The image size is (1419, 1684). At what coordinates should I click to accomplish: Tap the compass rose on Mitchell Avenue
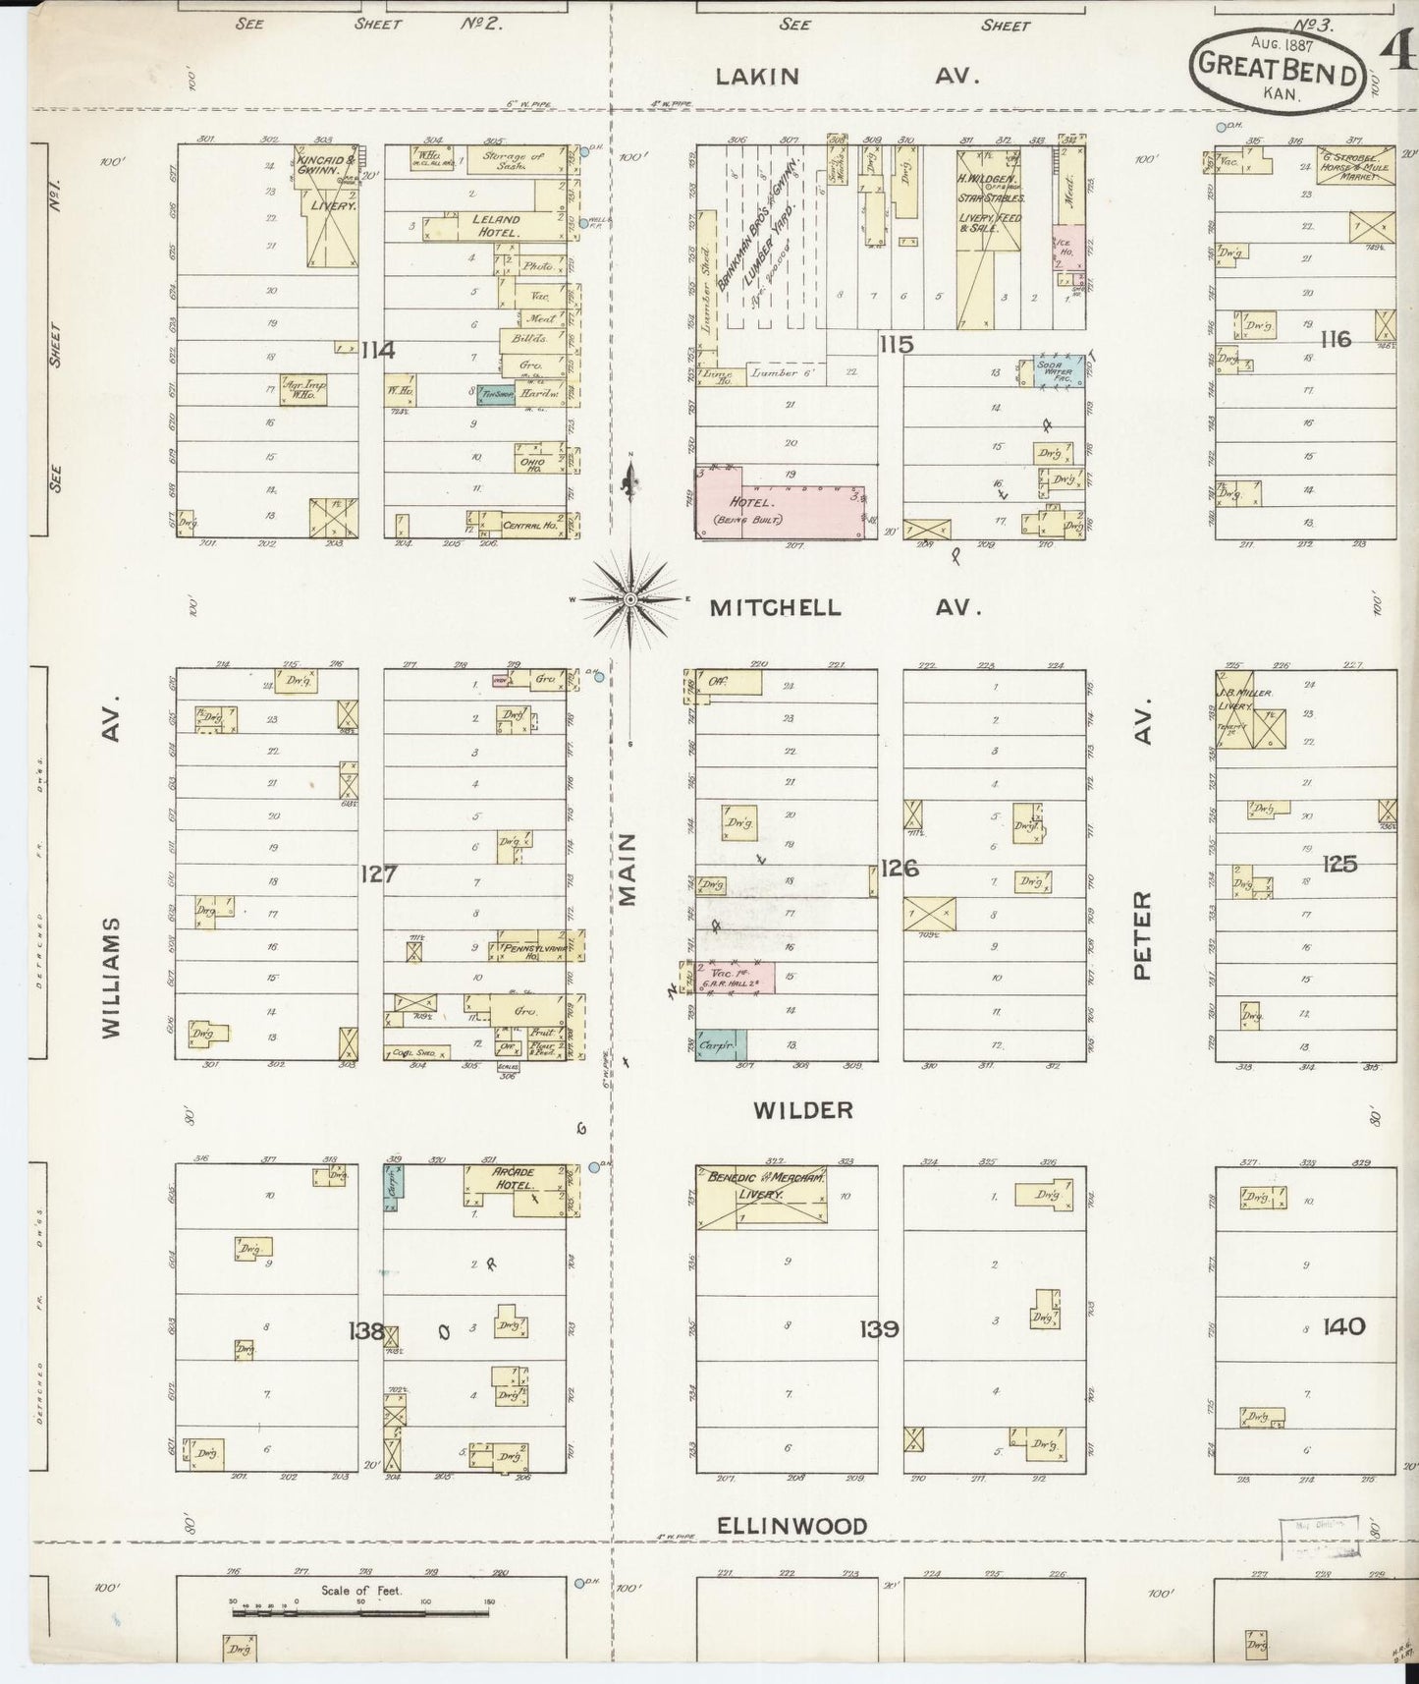[630, 597]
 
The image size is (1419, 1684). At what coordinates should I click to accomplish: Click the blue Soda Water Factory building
[1059, 372]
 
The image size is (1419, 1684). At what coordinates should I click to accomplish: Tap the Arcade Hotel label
[514, 1179]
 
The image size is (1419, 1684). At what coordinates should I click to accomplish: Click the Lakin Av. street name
[846, 76]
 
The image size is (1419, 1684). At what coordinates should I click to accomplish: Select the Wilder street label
[802, 1110]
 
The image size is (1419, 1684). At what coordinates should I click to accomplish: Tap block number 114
[377, 349]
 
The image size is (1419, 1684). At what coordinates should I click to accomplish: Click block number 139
[878, 1328]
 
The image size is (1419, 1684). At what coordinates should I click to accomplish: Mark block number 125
[1339, 864]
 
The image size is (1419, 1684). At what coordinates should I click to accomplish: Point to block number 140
[1343, 1326]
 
